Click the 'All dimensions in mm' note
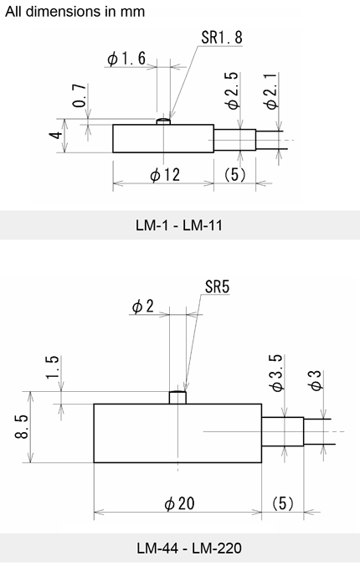coord(75,12)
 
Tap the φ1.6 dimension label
coord(126,59)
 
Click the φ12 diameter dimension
coord(165,175)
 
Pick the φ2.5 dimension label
coord(232,91)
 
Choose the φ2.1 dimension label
coord(269,91)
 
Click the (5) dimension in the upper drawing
coord(235,175)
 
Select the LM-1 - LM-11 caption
coord(179,225)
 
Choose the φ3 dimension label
coord(314,383)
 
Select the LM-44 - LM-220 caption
coord(179,549)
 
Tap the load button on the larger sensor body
coord(177,397)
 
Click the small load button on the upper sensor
coord(163,122)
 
